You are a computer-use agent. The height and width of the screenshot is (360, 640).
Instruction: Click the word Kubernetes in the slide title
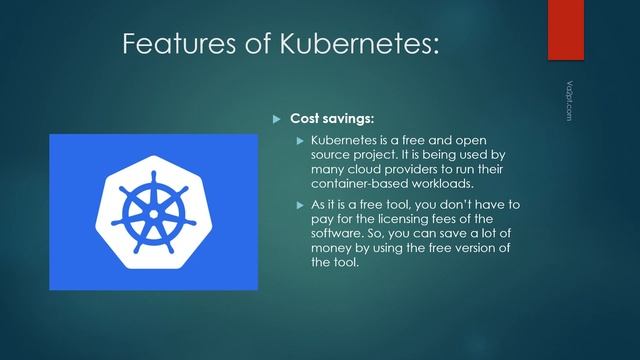(x=354, y=45)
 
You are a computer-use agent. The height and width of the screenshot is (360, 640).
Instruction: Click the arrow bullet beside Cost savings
(x=279, y=119)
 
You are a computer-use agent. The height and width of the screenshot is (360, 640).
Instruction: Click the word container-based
(x=353, y=183)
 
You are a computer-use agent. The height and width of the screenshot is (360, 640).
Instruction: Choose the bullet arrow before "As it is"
(x=298, y=206)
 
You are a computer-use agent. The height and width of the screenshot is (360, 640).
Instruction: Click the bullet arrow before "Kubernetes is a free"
(x=298, y=141)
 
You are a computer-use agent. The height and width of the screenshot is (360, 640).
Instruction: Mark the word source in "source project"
(x=333, y=155)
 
